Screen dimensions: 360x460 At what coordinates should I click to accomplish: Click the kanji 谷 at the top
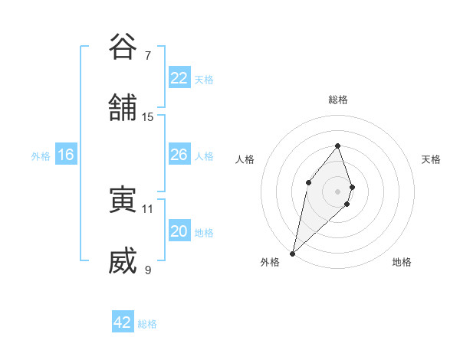pos(123,47)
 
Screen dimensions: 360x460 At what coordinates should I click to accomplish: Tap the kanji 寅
pos(123,200)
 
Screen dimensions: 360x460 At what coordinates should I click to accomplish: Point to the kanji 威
pos(123,261)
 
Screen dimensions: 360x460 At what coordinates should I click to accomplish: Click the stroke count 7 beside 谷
pos(148,55)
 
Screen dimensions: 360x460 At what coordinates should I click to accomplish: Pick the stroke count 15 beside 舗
pos(148,116)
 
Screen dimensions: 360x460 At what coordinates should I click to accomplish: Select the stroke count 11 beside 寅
pos(148,208)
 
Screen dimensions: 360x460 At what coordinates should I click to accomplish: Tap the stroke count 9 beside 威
pos(148,270)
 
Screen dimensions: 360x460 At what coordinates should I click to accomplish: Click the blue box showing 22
pos(179,78)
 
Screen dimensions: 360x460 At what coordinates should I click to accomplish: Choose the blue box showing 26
pos(179,155)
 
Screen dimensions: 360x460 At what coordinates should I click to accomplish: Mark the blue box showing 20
pos(179,231)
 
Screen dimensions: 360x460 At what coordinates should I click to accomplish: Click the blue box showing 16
pos(65,155)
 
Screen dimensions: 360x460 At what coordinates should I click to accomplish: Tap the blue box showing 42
pos(122,322)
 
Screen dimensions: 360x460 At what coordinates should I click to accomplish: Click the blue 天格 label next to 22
pos(204,79)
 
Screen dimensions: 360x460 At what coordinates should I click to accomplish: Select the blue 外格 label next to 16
pos(41,155)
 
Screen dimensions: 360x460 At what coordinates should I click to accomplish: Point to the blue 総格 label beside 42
pos(147,323)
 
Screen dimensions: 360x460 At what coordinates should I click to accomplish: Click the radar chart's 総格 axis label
pos(337,100)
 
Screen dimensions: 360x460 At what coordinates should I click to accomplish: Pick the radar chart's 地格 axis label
pos(402,262)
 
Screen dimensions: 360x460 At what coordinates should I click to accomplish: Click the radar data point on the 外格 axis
pos(292,253)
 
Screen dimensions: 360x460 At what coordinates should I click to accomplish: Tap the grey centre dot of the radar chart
pos(337,191)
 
